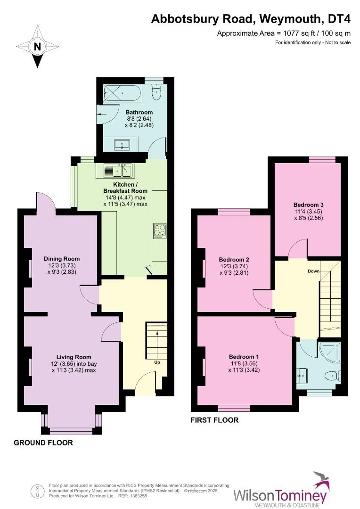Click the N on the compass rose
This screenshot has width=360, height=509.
coord(36,46)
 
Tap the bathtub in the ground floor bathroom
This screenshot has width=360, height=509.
coord(122,93)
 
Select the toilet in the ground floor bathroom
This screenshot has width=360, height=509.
coord(157,92)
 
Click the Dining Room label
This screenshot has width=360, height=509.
coord(62,259)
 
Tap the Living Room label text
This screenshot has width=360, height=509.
coord(71,357)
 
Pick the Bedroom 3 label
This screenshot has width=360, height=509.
coord(308,205)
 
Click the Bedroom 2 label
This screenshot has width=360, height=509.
coord(234,260)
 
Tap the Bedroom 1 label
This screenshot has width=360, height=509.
coord(243,357)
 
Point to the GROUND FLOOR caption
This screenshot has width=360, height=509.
coord(43,443)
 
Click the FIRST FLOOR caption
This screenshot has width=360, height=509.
coord(214,420)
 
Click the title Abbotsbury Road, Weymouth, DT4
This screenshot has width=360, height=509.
coord(251,19)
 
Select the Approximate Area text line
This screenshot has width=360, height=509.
coord(284,33)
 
